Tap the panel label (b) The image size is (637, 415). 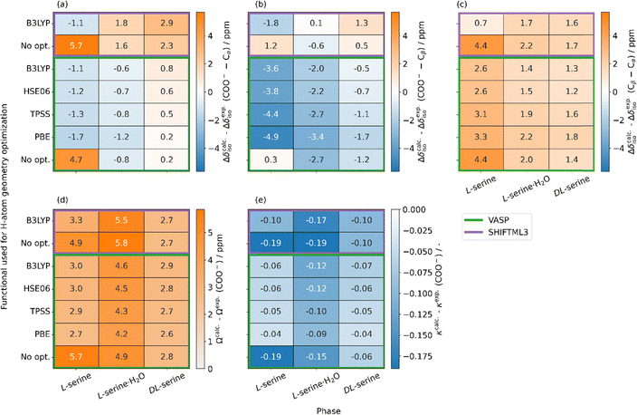261,5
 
